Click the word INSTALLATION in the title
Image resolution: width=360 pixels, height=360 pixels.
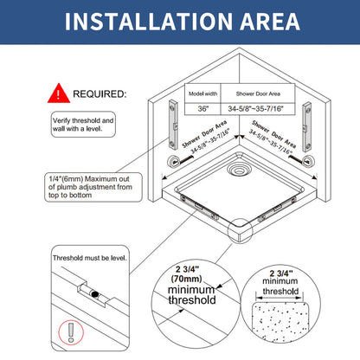coord(149,22)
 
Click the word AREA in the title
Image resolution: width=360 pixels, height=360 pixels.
coord(270,22)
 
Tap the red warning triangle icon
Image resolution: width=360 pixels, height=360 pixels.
coord(59,93)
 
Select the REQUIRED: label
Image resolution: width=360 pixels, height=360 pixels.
coord(100,94)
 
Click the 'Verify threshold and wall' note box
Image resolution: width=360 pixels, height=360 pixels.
coord(83,125)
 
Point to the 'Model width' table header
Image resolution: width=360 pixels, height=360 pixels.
coord(202,93)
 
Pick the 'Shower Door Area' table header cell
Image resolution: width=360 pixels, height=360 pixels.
coord(258,93)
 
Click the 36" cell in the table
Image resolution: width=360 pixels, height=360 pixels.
coord(202,109)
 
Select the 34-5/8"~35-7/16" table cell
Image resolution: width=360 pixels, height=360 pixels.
coord(255,109)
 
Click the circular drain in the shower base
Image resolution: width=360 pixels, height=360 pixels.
coord(239,169)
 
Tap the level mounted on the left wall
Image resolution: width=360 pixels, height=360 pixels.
coord(173,125)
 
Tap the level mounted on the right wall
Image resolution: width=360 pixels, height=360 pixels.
coord(306,127)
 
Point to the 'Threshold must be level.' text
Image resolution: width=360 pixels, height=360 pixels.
coord(90,258)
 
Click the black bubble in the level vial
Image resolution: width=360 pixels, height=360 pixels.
coord(94,294)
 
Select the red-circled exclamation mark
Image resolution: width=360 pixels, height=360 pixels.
coord(71,332)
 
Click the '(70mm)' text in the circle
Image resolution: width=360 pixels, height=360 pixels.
coord(186,279)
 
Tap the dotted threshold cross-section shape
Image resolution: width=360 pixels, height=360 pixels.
coord(280,319)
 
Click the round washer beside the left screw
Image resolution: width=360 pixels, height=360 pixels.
coord(175,161)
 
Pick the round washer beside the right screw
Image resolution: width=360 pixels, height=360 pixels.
coord(308,160)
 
